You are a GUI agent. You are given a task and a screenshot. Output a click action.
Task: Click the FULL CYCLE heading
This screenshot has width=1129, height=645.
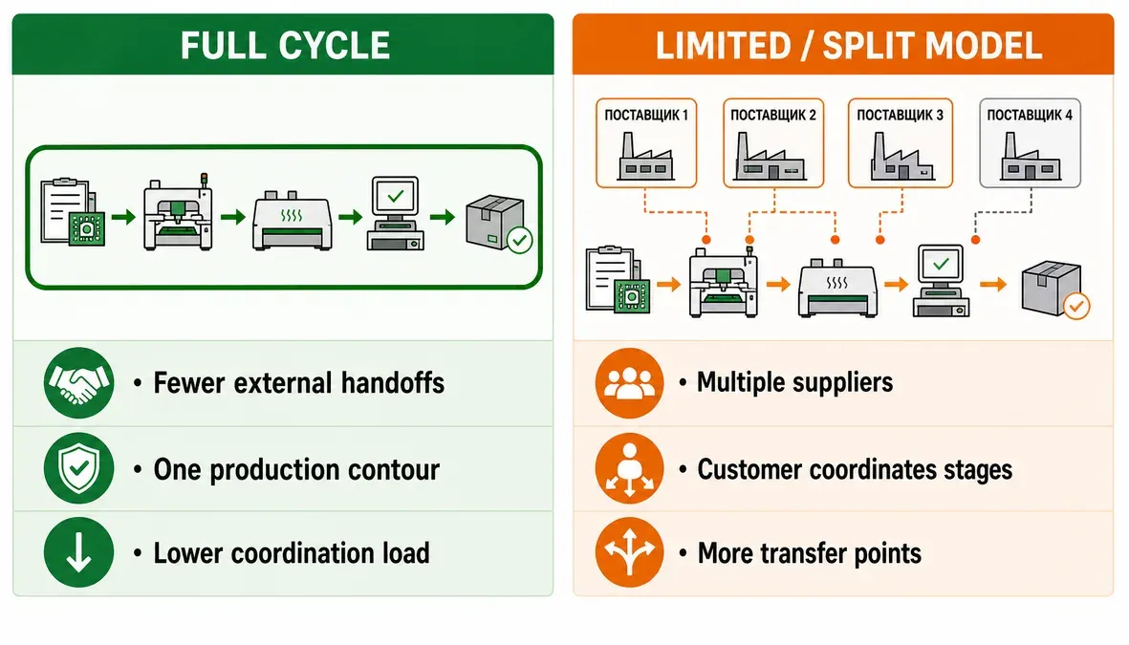coord(285,45)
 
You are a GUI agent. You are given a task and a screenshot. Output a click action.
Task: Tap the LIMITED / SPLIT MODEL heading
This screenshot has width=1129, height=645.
coord(848,45)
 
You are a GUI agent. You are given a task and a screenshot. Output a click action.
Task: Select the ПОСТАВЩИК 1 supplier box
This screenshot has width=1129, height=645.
coord(646,143)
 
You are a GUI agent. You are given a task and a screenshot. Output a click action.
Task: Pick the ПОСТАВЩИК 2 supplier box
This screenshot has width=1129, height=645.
coord(773,143)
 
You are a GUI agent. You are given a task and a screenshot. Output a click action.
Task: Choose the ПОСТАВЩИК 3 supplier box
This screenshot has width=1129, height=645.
coord(900,143)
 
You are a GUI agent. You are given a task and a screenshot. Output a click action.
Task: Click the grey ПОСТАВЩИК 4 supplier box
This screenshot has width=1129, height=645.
coord(1030,143)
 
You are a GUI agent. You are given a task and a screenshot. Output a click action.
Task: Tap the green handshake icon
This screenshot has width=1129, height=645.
coord(78,383)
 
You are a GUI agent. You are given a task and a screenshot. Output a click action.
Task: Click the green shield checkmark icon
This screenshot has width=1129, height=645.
coord(78,468)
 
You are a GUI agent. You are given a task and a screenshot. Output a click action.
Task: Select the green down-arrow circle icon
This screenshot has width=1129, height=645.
coord(78,552)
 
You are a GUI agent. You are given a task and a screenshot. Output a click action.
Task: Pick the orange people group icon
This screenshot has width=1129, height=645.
coord(629,383)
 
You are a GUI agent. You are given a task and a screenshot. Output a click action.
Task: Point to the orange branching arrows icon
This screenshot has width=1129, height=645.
coord(629,552)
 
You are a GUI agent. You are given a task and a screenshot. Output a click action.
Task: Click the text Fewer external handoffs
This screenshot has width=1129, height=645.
coord(299,383)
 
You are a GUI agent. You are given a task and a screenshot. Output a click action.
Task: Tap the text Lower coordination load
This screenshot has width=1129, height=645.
coord(292,553)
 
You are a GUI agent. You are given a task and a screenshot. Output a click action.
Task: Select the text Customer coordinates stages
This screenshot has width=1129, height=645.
coord(855,469)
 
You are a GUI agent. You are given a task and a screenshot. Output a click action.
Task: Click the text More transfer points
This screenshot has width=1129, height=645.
coord(810,553)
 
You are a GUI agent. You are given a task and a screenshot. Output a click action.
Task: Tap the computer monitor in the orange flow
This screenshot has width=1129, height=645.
coord(941,281)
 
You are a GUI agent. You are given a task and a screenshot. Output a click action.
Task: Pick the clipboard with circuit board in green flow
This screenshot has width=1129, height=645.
coord(72,212)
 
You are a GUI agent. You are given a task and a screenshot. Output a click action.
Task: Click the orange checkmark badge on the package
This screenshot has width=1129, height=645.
coord(1075,306)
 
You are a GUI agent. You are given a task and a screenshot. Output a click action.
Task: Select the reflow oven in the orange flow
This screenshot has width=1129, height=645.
coord(837,288)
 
